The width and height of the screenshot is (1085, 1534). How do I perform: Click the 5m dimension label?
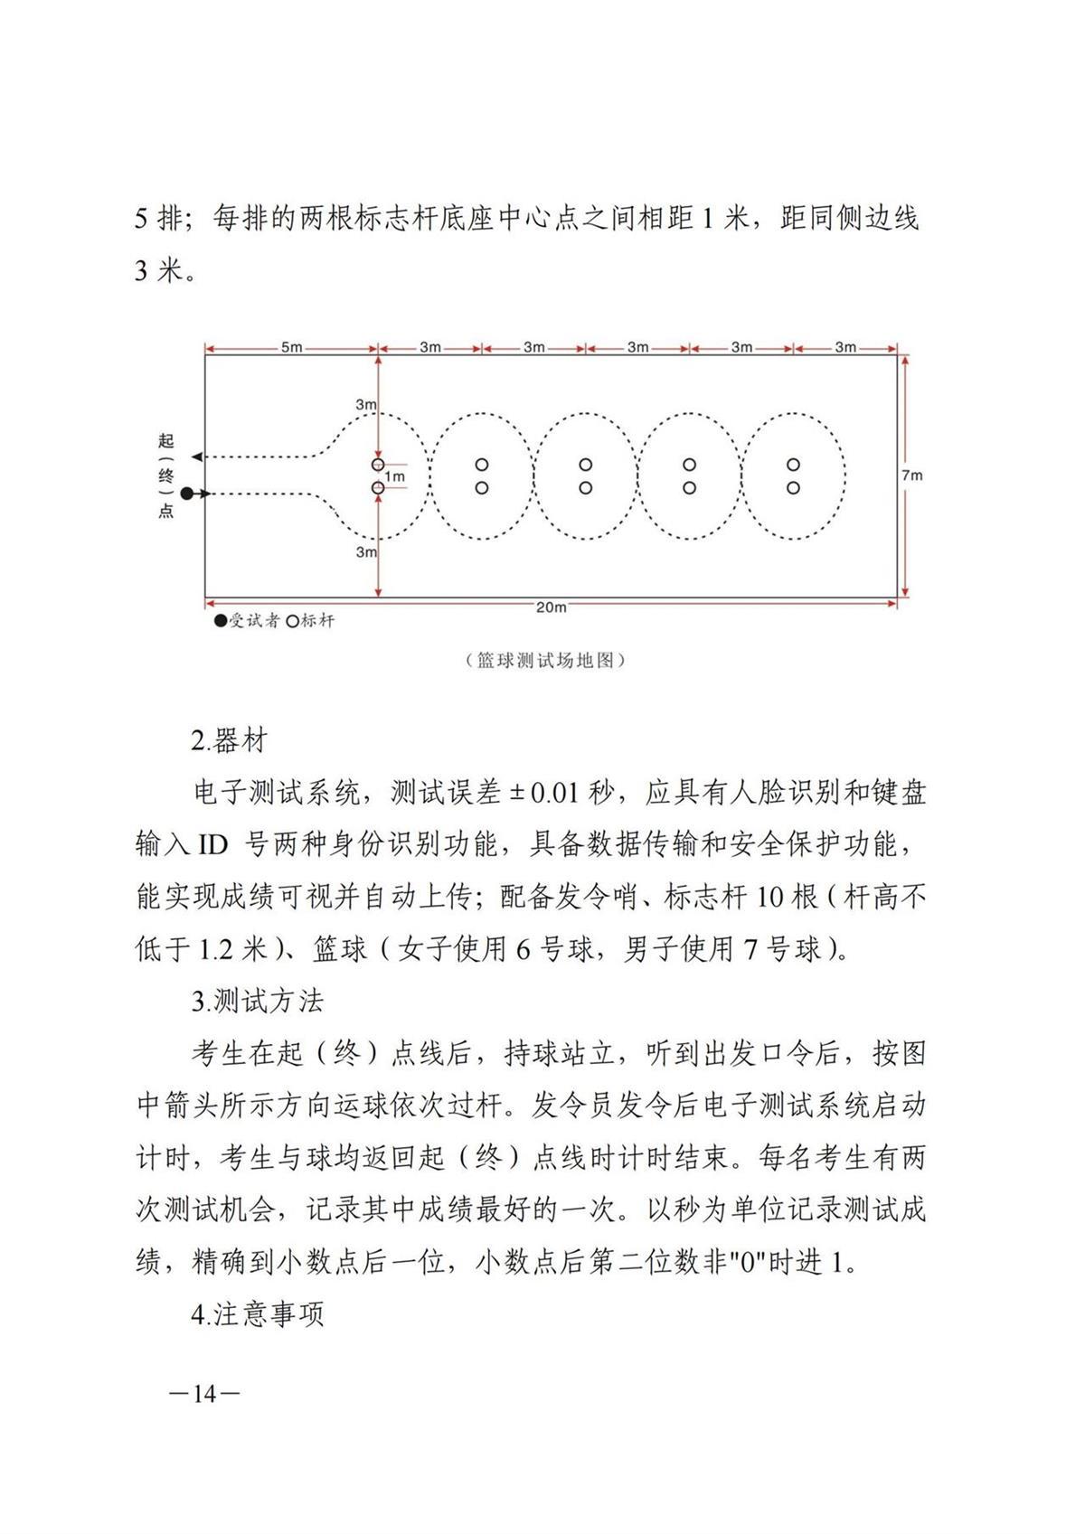pyautogui.click(x=291, y=347)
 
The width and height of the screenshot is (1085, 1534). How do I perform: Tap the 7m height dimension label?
pyautogui.click(x=911, y=475)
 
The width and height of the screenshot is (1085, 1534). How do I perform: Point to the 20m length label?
pyautogui.click(x=551, y=607)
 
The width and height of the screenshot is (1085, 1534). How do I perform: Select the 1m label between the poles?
pyautogui.click(x=394, y=476)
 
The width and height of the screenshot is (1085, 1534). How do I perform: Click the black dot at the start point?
pyautogui.click(x=186, y=494)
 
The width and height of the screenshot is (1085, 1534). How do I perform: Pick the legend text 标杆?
pyautogui.click(x=317, y=622)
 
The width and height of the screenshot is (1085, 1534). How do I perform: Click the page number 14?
pyautogui.click(x=204, y=1394)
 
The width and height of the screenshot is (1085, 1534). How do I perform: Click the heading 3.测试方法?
pyautogui.click(x=257, y=1002)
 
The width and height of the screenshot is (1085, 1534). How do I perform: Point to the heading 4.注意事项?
pyautogui.click(x=257, y=1314)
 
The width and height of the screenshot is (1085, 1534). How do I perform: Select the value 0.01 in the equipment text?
pyautogui.click(x=553, y=794)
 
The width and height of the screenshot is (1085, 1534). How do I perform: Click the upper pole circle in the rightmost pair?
pyautogui.click(x=793, y=465)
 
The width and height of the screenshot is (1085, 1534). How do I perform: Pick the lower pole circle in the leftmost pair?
pyautogui.click(x=378, y=488)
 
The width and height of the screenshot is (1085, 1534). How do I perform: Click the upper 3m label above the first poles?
pyautogui.click(x=365, y=405)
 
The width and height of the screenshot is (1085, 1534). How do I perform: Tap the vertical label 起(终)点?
pyautogui.click(x=165, y=475)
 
